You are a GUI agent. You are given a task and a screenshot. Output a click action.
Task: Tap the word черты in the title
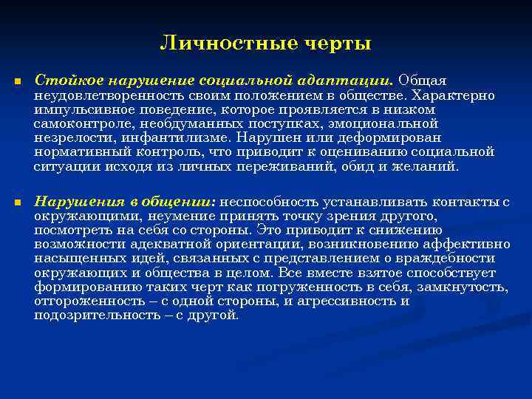pyautogui.click(x=337, y=44)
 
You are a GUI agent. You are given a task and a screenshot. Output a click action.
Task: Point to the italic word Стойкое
pyautogui.click(x=62, y=79)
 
